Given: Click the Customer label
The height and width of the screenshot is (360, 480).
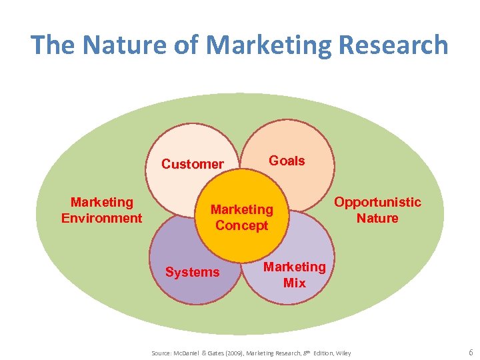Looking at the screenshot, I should pos(193,164).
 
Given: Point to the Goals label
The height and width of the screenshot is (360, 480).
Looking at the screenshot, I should pos(287,161).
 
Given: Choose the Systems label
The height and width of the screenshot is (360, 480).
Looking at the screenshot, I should pos(192,272).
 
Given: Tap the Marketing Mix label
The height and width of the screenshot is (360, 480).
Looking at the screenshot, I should pos(295,275).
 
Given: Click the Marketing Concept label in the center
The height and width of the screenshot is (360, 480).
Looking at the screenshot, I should pos(241,217).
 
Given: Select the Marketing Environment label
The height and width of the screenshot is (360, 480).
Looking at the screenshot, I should pos(101,210).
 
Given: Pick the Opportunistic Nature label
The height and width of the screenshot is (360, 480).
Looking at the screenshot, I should pos(377,210).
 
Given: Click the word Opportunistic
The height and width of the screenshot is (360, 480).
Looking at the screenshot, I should pos(377,202).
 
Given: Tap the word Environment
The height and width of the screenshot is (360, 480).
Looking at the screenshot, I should pos(101,218).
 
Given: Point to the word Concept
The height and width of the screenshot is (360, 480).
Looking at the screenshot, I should pos(241,225).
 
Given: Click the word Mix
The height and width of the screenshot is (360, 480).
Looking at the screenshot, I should pos(295,283).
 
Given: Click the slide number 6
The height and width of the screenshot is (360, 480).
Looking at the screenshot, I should pos(471,352).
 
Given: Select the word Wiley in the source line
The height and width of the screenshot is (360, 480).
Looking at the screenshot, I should pos(343,353).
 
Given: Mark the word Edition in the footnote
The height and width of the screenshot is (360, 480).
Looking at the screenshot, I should pos(319,353).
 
